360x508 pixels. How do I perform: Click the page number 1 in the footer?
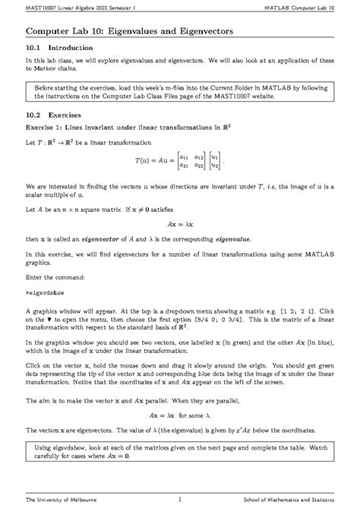pyautogui.click(x=180, y=499)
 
